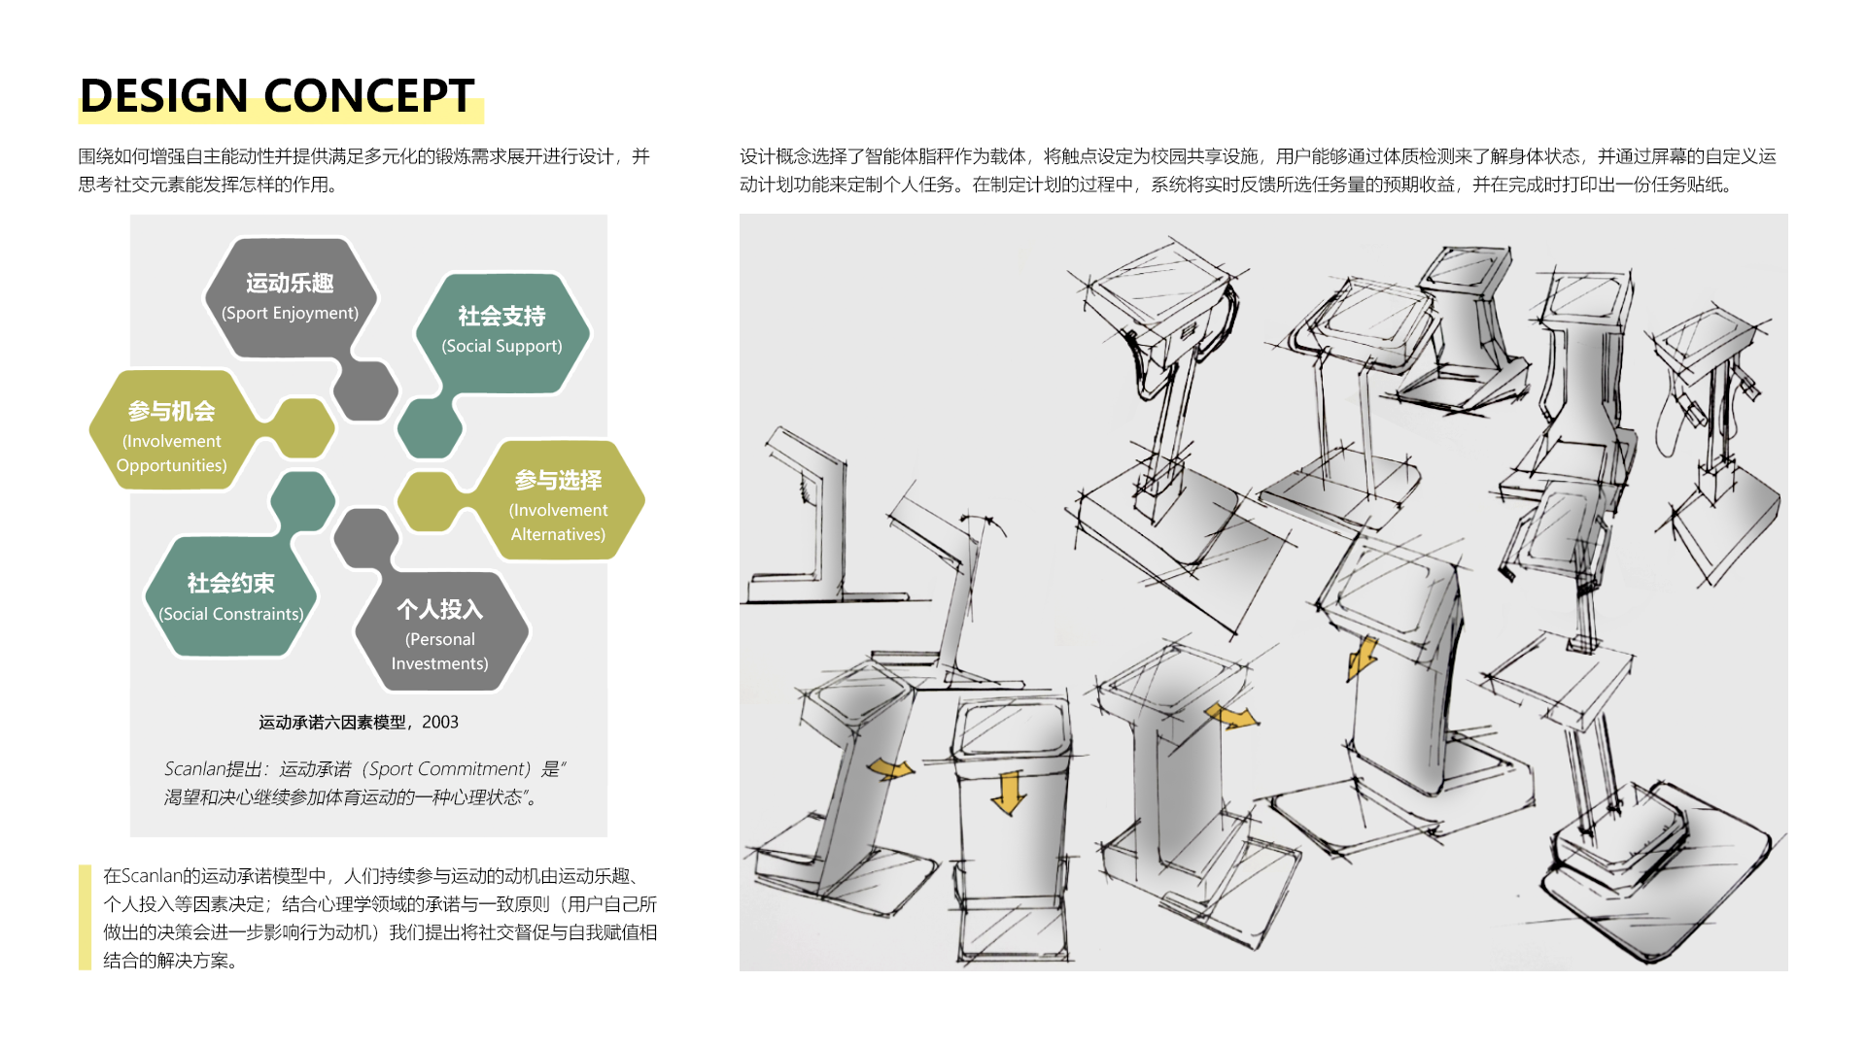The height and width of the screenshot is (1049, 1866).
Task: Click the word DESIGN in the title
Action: (163, 95)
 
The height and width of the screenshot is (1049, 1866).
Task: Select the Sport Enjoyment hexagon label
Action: (290, 297)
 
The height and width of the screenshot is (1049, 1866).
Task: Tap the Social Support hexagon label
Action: (501, 331)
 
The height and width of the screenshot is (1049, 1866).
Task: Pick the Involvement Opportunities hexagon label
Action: (172, 436)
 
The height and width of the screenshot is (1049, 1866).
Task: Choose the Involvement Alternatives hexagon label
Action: (559, 506)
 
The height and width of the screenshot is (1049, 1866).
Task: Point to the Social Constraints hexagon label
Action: (231, 596)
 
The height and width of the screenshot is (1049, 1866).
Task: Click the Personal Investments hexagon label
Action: (440, 634)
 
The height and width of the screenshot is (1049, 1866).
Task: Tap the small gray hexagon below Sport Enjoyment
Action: (365, 390)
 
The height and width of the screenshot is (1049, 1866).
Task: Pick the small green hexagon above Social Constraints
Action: (302, 501)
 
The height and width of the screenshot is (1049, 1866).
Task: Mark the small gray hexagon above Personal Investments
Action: (366, 538)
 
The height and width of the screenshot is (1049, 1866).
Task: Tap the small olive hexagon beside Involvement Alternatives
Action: (429, 501)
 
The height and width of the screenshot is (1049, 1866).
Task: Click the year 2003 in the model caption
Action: (440, 722)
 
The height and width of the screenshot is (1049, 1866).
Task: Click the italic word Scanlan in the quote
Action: (194, 769)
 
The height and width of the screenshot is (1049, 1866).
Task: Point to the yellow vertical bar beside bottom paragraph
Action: (85, 917)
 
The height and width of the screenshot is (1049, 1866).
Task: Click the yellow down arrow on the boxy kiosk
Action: (1009, 792)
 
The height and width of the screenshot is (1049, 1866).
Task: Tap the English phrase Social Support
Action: (501, 346)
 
